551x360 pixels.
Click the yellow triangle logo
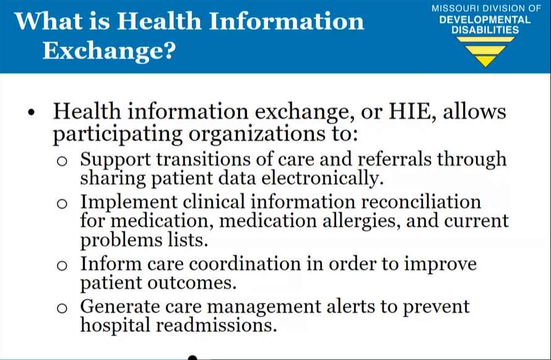pyautogui.click(x=485, y=51)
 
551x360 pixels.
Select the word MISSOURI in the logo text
pyautogui.click(x=455, y=9)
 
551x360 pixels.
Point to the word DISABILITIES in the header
pyautogui.click(x=485, y=30)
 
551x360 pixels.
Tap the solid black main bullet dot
pyautogui.click(x=32, y=113)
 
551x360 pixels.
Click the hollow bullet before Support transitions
pyautogui.click(x=62, y=161)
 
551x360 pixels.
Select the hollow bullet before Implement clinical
pyautogui.click(x=62, y=204)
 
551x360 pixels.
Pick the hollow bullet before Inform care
pyautogui.click(x=62, y=265)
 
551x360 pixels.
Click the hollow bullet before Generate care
pyautogui.click(x=62, y=308)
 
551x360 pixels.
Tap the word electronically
pyautogui.click(x=322, y=178)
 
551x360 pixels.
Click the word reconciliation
pyautogui.click(x=421, y=202)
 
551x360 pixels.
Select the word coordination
pyautogui.click(x=245, y=264)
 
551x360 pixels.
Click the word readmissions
pyautogui.click(x=217, y=325)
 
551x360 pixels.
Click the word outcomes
pyautogui.click(x=192, y=283)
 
